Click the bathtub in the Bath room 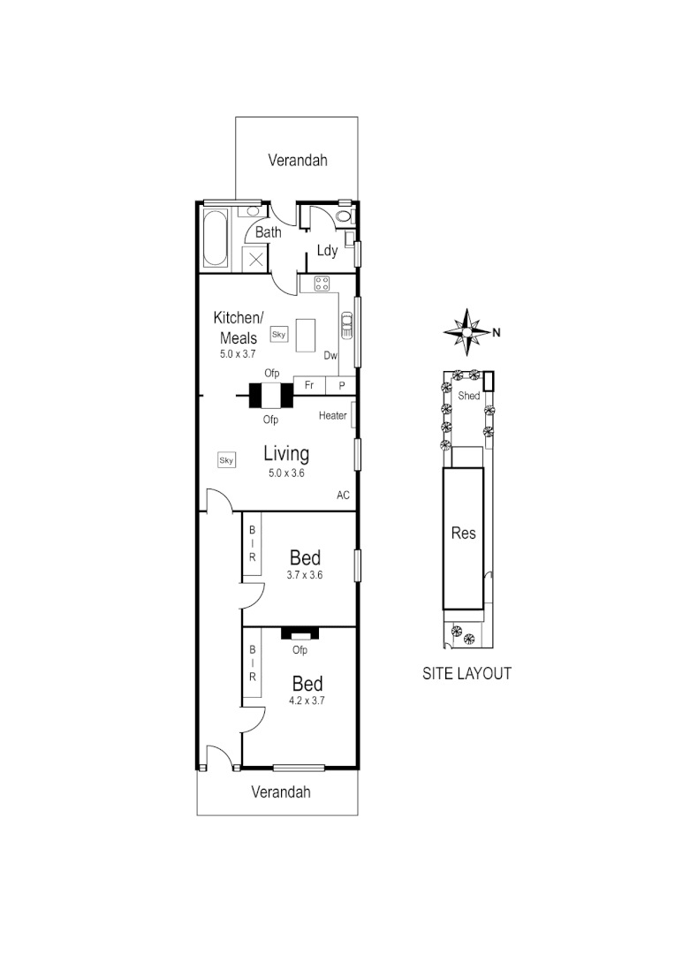[216, 238]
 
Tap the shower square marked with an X [254, 259]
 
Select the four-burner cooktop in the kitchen [322, 284]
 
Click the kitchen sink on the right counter [346, 326]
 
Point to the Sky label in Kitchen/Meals [279, 334]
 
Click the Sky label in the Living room [226, 459]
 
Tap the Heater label [333, 415]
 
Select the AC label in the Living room [343, 495]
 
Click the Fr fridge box [309, 385]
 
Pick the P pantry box [341, 385]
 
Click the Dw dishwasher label [330, 356]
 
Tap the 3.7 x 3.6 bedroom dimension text [305, 575]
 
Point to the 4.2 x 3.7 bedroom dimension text [307, 700]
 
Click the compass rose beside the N [466, 332]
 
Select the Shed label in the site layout [468, 396]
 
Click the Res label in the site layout [463, 533]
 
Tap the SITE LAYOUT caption [466, 673]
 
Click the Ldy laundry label [328, 251]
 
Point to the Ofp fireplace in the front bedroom [300, 634]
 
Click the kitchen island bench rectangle [306, 335]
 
